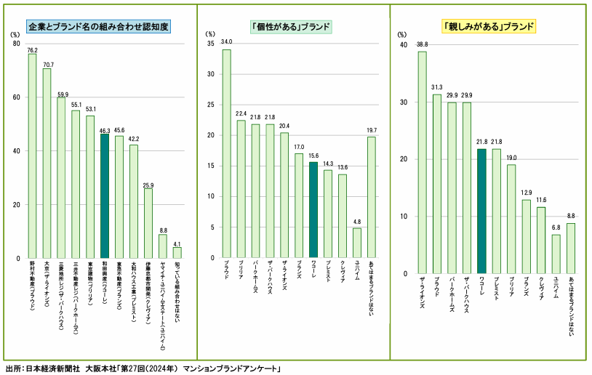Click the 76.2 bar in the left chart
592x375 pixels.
click(32, 156)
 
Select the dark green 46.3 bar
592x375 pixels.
click(104, 196)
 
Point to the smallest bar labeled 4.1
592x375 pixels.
click(177, 253)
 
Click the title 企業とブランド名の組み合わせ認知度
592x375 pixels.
click(98, 27)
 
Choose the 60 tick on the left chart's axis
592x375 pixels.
click(15, 97)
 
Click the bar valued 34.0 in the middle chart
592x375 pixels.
click(226, 153)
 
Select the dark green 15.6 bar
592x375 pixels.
click(313, 210)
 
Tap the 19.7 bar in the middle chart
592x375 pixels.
click(372, 197)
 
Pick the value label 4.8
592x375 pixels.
click(357, 222)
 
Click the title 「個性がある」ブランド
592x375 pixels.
click(291, 27)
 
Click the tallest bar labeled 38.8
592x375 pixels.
click(422, 163)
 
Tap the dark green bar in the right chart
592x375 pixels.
click(481, 211)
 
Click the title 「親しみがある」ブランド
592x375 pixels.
click(489, 27)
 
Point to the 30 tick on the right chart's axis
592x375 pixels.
click(405, 102)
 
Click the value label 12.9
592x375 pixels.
click(526, 193)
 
